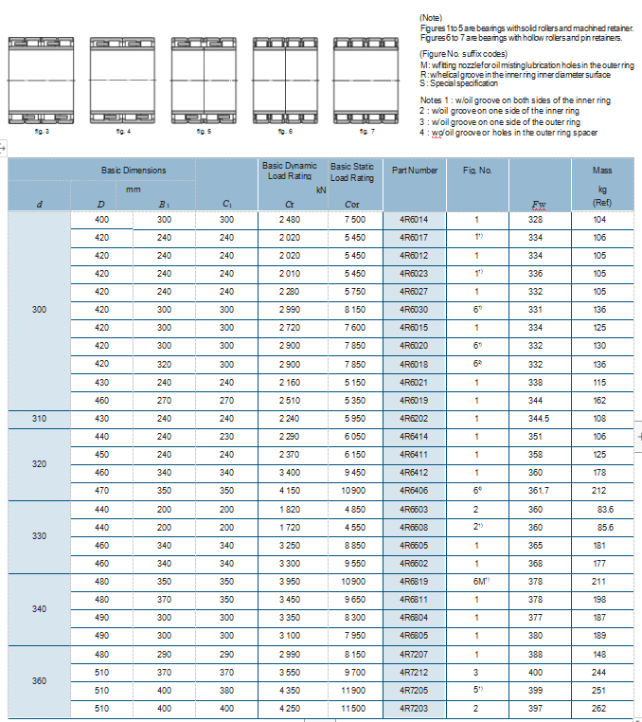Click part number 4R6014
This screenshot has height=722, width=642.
[414, 220]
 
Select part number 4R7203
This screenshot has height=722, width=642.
[414, 709]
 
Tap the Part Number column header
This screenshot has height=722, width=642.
[414, 171]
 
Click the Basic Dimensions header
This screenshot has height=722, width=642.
[134, 171]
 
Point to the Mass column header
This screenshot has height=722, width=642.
[601, 171]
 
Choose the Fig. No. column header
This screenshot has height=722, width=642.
[477, 171]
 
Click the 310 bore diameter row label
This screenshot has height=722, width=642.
[39, 419]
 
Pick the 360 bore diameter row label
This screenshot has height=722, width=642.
[39, 681]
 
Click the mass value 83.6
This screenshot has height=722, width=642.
[603, 510]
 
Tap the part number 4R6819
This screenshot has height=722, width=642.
[414, 582]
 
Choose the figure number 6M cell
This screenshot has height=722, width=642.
[478, 582]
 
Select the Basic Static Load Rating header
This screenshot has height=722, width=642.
[352, 171]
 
